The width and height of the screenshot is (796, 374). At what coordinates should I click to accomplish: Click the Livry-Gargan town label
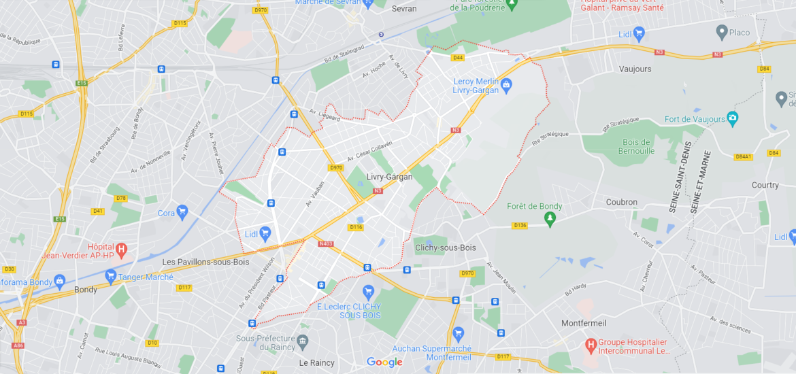click(x=389, y=177)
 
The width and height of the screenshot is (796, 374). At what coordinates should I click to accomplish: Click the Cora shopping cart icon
click(x=182, y=212)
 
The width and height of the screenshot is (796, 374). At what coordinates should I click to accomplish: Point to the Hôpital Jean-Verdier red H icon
click(x=122, y=250)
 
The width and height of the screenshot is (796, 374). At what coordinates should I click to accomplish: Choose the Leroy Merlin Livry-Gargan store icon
click(x=506, y=85)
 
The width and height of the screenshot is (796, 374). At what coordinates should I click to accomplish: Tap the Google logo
click(x=384, y=362)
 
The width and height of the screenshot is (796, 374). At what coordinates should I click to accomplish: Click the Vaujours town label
click(x=635, y=69)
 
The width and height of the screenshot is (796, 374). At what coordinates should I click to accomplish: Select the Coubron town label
click(x=621, y=202)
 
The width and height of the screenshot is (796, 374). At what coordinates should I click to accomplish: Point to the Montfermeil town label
click(x=583, y=323)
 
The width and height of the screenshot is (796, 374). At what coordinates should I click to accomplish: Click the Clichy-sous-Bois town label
click(x=446, y=248)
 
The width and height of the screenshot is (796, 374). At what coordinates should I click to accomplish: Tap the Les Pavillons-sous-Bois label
click(x=205, y=262)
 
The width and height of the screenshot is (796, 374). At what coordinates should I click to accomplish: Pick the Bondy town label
click(x=85, y=289)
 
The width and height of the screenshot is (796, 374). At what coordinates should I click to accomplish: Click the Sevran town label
click(x=404, y=9)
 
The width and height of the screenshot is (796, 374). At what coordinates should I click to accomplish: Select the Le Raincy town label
click(x=317, y=362)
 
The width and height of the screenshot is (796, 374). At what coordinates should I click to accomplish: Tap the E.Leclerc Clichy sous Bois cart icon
click(x=368, y=291)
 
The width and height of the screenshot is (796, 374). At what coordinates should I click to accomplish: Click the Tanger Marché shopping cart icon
click(x=110, y=276)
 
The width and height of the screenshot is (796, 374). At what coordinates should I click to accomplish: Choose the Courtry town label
click(x=765, y=185)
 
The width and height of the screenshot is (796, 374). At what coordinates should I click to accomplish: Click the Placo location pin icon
click(x=722, y=31)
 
